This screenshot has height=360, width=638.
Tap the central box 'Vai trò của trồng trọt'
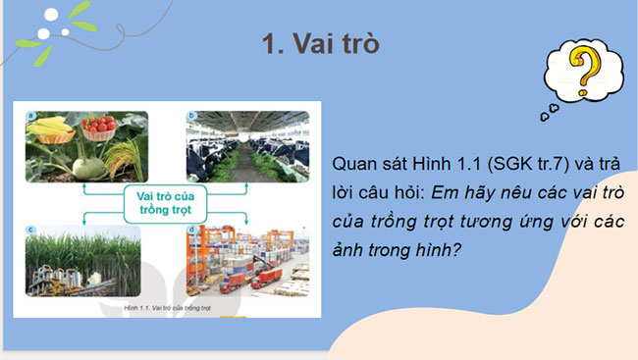(x=158, y=204)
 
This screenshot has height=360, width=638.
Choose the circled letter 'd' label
(x=191, y=230)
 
